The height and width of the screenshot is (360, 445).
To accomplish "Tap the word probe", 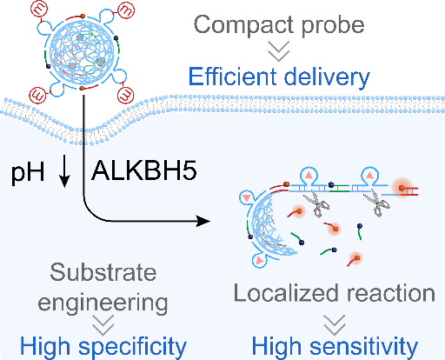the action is [333, 25].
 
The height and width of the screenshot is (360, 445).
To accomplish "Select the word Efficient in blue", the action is [233, 77].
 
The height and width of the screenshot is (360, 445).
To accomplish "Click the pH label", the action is [28, 172].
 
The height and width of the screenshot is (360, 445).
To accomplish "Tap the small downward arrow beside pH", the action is [64, 173].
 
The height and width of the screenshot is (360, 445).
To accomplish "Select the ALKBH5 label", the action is [144, 171].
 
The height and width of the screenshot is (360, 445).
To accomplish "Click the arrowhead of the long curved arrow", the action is [203, 221].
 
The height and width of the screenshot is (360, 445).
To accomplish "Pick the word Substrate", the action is [103, 272].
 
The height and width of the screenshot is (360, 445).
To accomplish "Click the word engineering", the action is [103, 303].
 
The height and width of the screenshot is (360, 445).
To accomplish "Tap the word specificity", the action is [133, 347].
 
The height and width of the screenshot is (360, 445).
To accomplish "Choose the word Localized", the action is [286, 293].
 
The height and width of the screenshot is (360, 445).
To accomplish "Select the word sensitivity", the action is [364, 346].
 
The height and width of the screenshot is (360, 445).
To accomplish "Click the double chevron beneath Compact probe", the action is [279, 51].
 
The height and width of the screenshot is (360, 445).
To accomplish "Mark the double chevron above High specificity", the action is [103, 325].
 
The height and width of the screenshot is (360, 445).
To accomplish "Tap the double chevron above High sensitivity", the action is [335, 325].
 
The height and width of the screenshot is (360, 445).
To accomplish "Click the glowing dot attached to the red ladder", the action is [402, 188].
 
